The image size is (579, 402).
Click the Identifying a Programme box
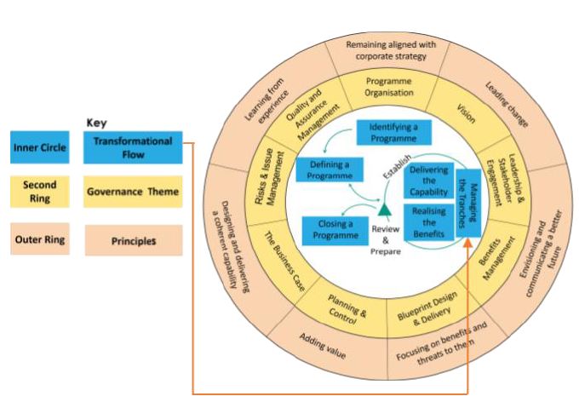(393, 132)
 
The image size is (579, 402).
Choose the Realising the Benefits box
(429, 221)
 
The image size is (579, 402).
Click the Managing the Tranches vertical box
(469, 204)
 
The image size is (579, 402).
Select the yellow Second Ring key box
(40, 192)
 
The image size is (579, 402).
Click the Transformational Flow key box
(132, 147)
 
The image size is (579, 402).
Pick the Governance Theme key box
(132, 192)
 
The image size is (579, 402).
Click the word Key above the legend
(97, 123)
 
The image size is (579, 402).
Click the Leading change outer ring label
(507, 105)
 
